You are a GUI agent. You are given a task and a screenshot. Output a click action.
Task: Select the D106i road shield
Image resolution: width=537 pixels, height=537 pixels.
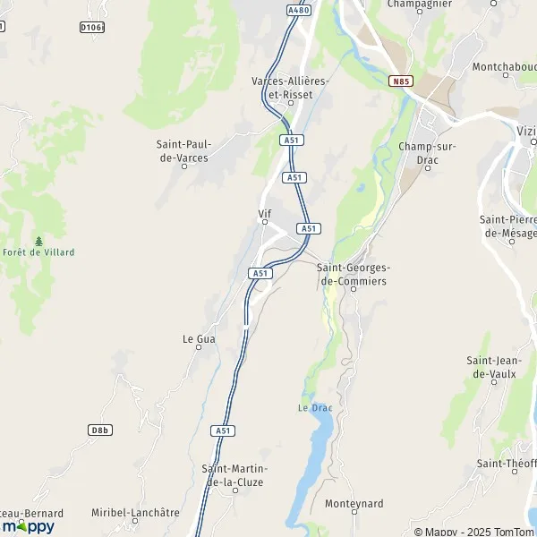(x=92, y=28)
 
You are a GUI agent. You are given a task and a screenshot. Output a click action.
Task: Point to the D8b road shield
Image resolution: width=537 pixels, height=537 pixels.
(x=100, y=430)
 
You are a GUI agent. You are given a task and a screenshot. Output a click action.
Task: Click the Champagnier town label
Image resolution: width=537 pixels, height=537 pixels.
(x=417, y=4)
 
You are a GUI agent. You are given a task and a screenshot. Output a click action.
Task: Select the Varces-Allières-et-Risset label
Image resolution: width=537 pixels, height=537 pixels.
(x=291, y=87)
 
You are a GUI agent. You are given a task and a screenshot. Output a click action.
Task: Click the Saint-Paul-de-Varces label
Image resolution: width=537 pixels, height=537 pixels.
(x=183, y=151)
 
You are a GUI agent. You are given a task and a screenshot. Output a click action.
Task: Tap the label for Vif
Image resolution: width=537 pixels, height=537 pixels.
(x=264, y=214)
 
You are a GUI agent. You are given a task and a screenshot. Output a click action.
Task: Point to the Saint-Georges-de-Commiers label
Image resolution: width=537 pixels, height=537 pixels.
(x=354, y=275)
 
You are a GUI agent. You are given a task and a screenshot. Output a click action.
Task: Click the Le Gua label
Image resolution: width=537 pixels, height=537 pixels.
(x=198, y=339)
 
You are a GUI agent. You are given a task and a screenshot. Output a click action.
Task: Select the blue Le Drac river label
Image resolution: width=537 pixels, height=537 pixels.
(x=314, y=408)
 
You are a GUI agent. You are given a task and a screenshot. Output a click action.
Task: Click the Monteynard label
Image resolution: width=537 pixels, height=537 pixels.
(x=354, y=504)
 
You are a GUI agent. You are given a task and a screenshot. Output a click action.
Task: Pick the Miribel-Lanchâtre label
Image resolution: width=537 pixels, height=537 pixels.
(x=135, y=513)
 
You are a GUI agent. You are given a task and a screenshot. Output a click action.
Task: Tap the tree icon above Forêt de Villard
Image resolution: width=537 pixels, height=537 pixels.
(x=38, y=241)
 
